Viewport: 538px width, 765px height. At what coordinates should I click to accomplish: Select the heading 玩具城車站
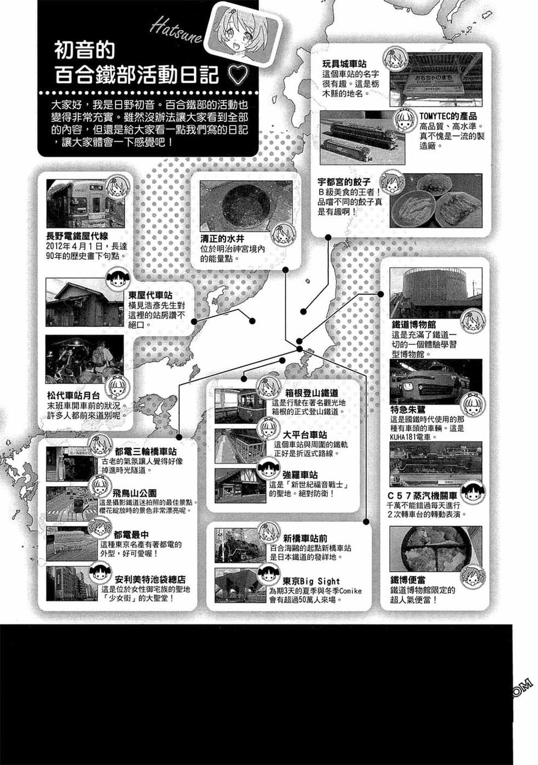[x=344, y=64]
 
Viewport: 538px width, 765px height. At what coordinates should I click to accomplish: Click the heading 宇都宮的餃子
[x=344, y=182]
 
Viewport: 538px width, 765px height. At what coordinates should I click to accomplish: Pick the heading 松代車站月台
[x=74, y=395]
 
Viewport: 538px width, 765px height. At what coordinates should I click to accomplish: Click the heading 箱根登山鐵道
[x=312, y=393]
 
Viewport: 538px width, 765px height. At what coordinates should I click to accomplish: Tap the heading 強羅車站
[x=300, y=474]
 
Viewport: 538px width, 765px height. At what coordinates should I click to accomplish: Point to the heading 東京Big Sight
[x=311, y=581]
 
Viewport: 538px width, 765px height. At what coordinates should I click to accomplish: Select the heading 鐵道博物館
[x=413, y=325]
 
